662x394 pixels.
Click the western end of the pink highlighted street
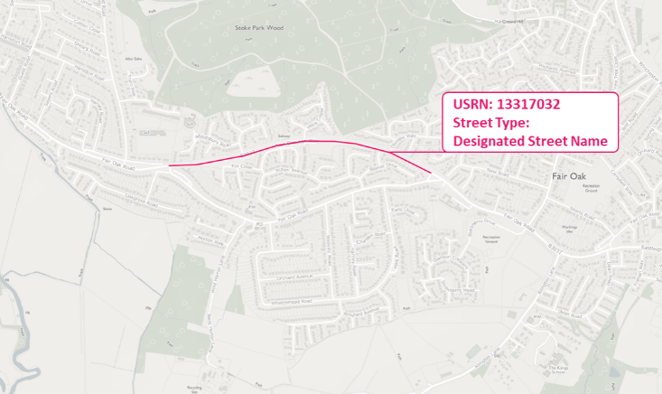coord(170,166)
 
